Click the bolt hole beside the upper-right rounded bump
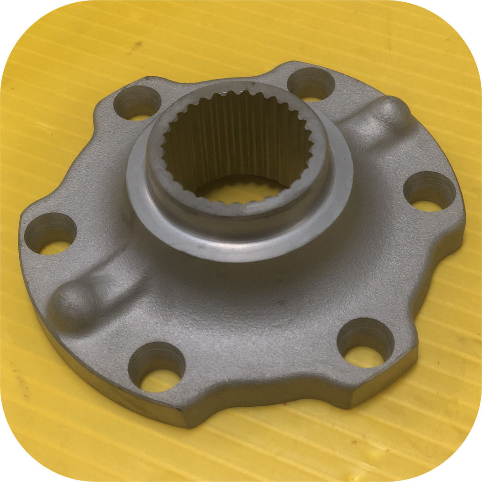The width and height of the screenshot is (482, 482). click(311, 85)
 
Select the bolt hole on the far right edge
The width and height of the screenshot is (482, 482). click(429, 191)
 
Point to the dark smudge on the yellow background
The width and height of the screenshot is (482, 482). click(136, 46)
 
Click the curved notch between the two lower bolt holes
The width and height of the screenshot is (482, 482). click(264, 372)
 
